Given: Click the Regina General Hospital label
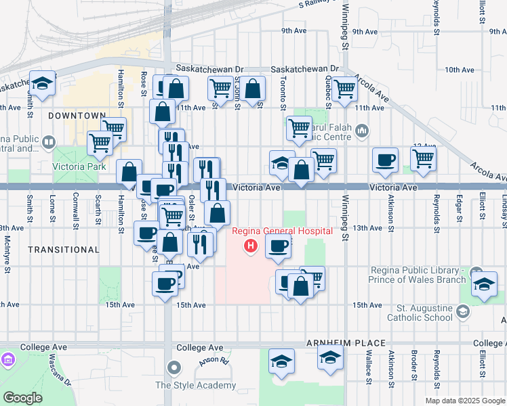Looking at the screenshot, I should pos(283,231).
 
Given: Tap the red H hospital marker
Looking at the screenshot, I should pos(251,245).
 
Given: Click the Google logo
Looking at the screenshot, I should pos(22,397).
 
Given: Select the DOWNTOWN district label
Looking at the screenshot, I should pos(77,116).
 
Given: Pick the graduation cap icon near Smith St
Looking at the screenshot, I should pos(42,84).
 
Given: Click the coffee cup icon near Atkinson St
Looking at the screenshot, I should pos(385,160).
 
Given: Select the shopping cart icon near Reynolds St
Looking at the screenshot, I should pos(423,158).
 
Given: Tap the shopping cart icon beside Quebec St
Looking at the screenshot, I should pos(345,87).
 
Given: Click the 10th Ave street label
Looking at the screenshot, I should pos(459,70).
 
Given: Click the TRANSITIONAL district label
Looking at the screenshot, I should pos(64,250).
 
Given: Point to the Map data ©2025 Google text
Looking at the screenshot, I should pos(464,401).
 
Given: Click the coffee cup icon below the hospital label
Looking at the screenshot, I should pos(277,248).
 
